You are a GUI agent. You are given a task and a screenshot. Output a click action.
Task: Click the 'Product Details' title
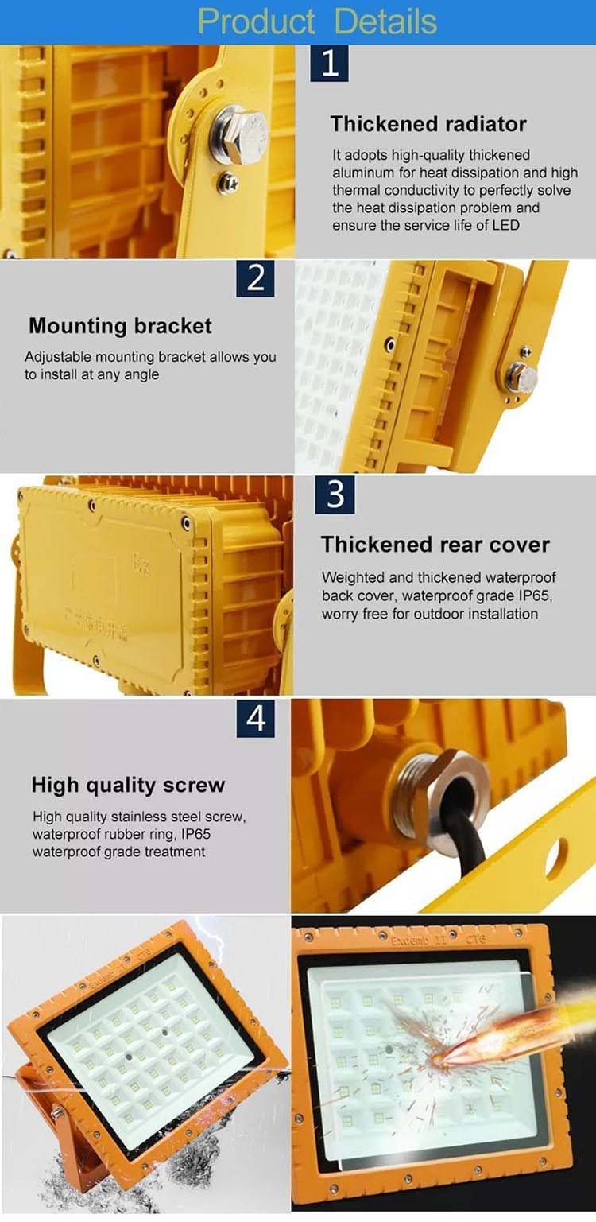pyautogui.click(x=317, y=21)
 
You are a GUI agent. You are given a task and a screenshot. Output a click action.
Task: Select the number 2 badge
pyautogui.click(x=255, y=277)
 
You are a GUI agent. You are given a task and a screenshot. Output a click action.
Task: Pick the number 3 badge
pyautogui.click(x=335, y=494)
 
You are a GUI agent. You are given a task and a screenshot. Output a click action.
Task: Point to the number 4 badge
pyautogui.click(x=255, y=718)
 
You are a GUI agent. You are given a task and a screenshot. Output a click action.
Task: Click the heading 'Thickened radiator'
pyautogui.click(x=428, y=124)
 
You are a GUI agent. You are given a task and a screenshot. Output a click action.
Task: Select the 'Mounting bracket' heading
pyautogui.click(x=120, y=326)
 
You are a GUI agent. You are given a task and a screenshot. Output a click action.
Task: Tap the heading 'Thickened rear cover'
pyautogui.click(x=435, y=545)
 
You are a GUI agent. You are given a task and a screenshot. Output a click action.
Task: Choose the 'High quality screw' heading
pyautogui.click(x=128, y=786)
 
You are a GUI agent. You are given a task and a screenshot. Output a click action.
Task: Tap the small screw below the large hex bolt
pyautogui.click(x=229, y=180)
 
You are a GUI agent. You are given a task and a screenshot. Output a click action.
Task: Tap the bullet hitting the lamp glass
pyautogui.click(x=493, y=1033)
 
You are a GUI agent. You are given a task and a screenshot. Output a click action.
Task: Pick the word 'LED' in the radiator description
pyautogui.click(x=505, y=225)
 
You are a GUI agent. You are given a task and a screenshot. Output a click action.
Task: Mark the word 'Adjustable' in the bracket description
pyautogui.click(x=56, y=357)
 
